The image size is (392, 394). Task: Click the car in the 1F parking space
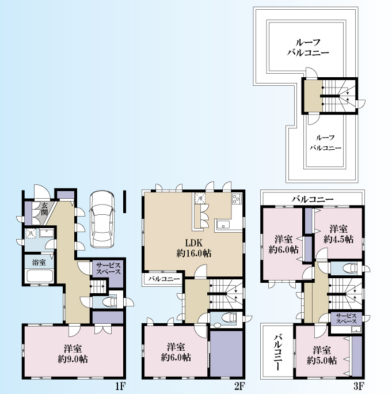pyautogui.click(x=102, y=219)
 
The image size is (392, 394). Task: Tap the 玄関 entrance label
pyautogui.click(x=44, y=209)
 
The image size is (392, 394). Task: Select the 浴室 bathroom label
pyautogui.click(x=39, y=263)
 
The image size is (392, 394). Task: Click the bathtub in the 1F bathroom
pyautogui.click(x=40, y=276)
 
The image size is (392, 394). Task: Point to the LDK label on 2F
pyautogui.click(x=193, y=243)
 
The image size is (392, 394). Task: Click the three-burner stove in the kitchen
pyautogui.click(x=237, y=199)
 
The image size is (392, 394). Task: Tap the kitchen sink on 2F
pyautogui.click(x=223, y=225)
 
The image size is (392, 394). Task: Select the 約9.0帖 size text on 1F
pyautogui.click(x=73, y=359)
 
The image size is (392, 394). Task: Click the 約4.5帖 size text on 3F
pyautogui.click(x=338, y=239)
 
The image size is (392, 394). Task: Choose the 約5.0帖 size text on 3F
pyautogui.click(x=322, y=361)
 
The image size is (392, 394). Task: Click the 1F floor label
pyautogui.click(x=120, y=386)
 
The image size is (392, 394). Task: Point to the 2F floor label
pyautogui.click(x=239, y=386)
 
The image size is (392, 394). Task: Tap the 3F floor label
pyautogui.click(x=359, y=386)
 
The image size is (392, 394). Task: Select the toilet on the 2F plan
pyautogui.click(x=229, y=317)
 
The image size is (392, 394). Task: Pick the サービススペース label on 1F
pyautogui.click(x=108, y=268)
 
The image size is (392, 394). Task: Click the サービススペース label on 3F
pyautogui.click(x=347, y=319)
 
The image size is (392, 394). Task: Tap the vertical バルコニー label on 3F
pyautogui.click(x=278, y=352)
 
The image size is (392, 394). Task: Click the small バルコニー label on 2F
pyautogui.click(x=164, y=279)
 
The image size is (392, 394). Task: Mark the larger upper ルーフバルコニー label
pyautogui.click(x=308, y=47)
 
